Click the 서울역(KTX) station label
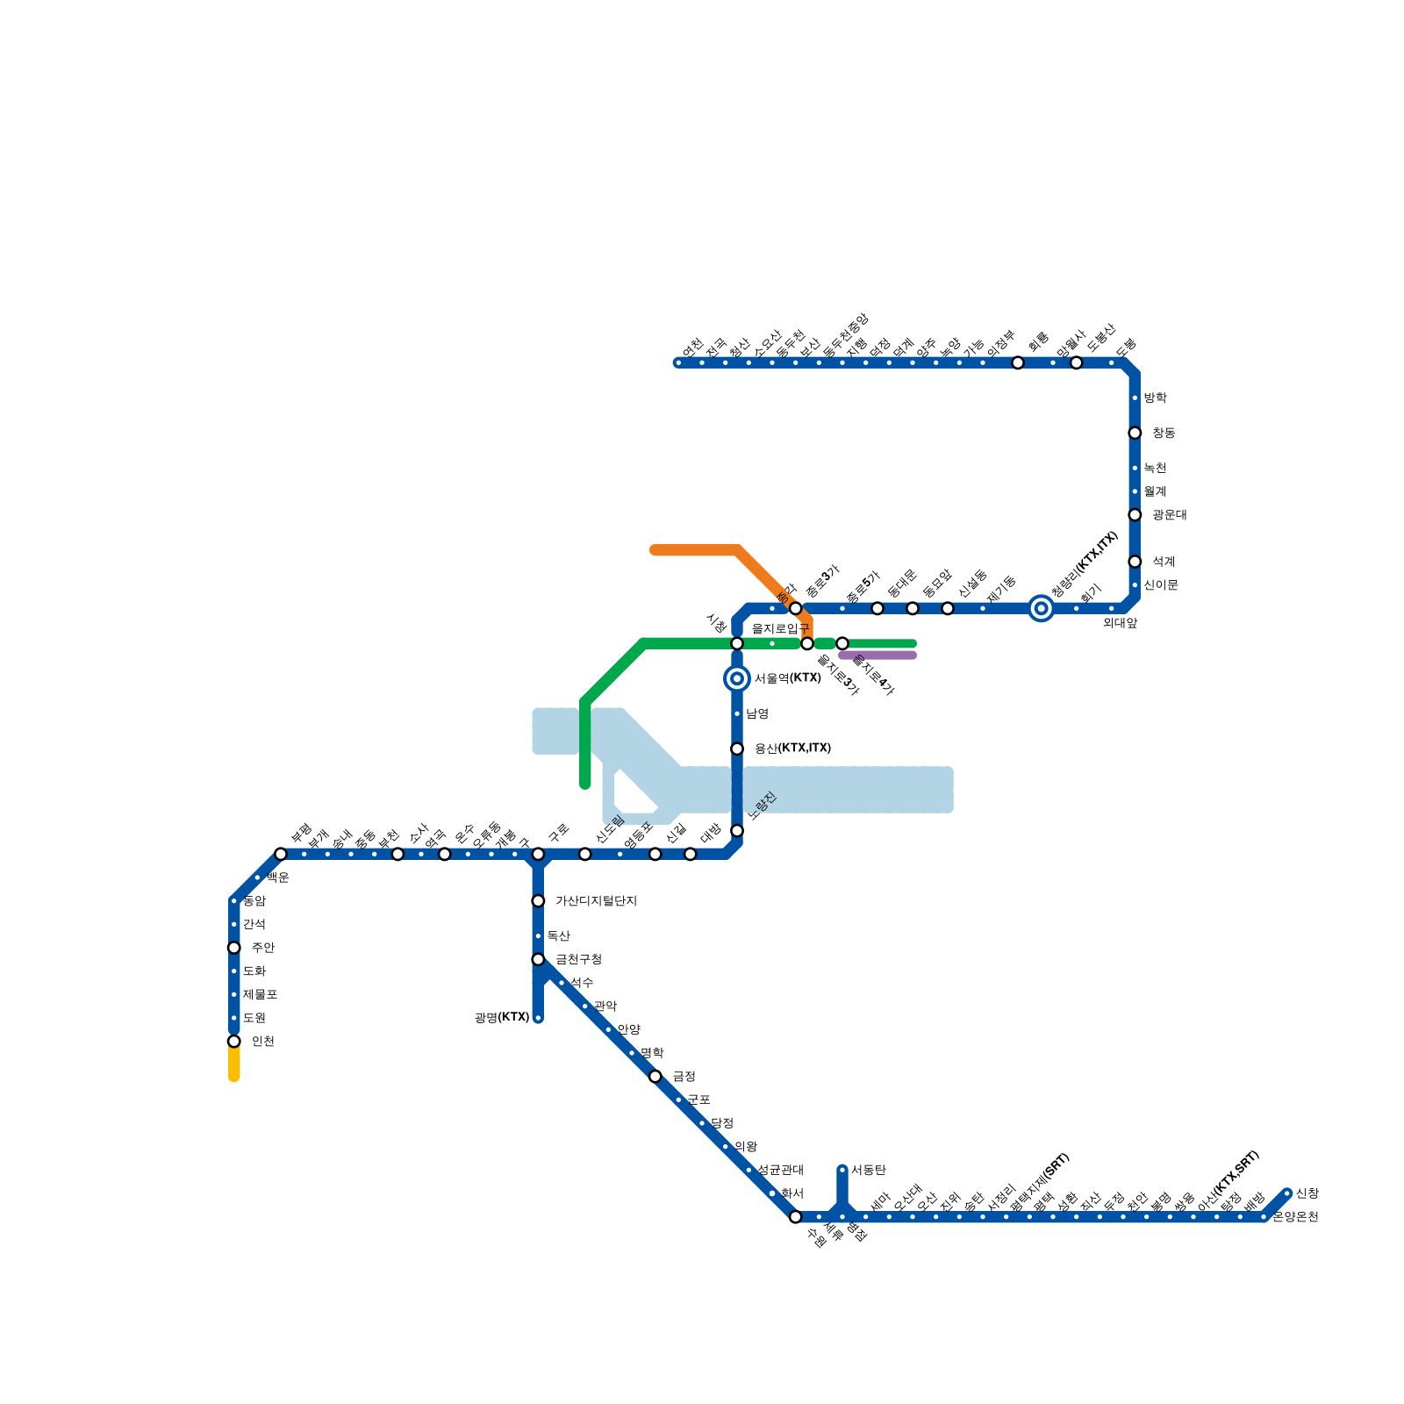787,678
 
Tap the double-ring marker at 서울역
737,678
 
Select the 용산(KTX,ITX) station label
792,749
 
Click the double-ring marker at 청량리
1041,608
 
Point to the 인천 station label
262,1042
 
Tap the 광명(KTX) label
502,1018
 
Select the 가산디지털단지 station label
596,901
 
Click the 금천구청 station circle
538,960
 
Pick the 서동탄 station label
868,1171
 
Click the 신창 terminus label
1307,1193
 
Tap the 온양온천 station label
1295,1217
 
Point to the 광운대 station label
1169,515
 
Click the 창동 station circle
1135,433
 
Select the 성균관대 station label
780,1171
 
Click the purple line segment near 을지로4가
877,655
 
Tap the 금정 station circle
655,1077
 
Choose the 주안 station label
262,948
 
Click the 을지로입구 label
780,629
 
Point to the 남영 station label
756,714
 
